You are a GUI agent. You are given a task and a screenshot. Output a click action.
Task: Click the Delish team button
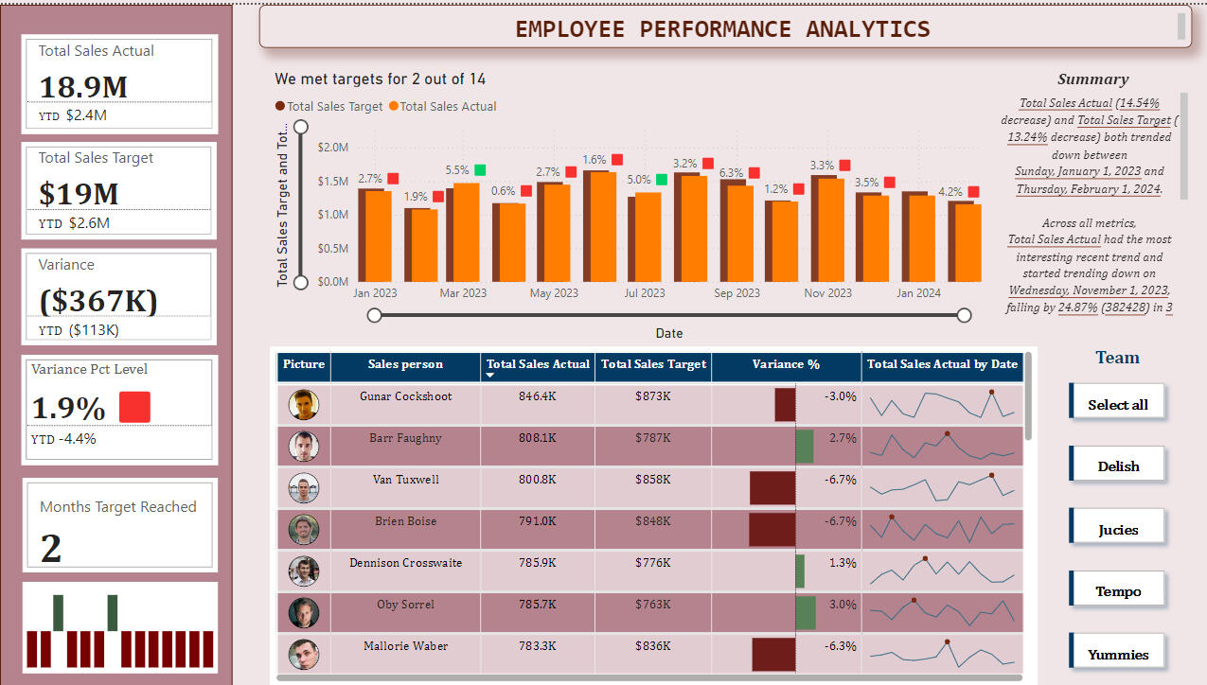click(x=1118, y=465)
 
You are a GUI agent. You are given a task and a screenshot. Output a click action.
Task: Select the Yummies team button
click(x=1118, y=654)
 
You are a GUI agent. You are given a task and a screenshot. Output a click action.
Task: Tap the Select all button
click(x=1118, y=404)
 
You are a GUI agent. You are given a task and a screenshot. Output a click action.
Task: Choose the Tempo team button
click(x=1118, y=591)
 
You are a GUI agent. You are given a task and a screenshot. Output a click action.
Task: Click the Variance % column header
click(x=786, y=364)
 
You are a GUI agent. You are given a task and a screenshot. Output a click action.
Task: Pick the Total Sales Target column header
click(x=653, y=364)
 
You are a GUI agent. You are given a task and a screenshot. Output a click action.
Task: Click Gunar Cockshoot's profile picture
click(x=304, y=405)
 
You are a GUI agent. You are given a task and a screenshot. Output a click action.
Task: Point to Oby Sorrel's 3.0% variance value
click(x=842, y=605)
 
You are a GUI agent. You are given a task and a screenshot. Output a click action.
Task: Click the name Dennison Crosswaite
click(x=405, y=563)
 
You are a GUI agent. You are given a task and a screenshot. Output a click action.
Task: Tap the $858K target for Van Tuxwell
click(x=653, y=480)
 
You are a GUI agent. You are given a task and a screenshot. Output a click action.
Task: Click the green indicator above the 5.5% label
click(x=480, y=170)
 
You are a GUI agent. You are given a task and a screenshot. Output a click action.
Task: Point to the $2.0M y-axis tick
click(x=332, y=148)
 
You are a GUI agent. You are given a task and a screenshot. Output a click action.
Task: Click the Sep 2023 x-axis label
click(x=737, y=293)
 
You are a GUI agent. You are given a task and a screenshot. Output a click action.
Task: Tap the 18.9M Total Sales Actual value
click(x=83, y=87)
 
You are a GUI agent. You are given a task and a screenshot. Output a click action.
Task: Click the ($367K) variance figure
click(x=98, y=301)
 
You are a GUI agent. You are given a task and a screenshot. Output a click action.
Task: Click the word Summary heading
click(x=1092, y=79)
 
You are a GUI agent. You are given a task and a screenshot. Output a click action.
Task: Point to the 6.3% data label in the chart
click(x=731, y=173)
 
